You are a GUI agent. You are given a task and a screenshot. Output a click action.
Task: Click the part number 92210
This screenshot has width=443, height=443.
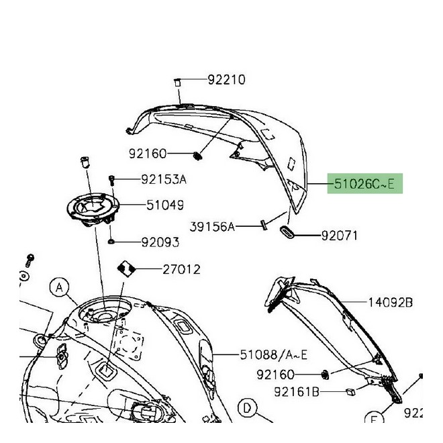(226, 80)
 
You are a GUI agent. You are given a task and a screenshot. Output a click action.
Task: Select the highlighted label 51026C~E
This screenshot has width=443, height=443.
(364, 183)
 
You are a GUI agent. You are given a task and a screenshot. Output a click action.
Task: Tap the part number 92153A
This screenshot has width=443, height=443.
(163, 179)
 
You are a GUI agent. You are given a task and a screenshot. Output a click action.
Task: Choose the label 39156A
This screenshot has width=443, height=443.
(213, 228)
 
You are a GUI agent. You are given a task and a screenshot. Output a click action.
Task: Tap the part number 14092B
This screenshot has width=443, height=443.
(390, 303)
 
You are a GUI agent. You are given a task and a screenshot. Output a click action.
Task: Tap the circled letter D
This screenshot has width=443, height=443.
(246, 407)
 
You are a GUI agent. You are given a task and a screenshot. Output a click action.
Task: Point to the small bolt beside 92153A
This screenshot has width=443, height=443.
(112, 179)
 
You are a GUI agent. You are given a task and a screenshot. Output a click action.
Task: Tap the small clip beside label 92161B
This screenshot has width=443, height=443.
(350, 391)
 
